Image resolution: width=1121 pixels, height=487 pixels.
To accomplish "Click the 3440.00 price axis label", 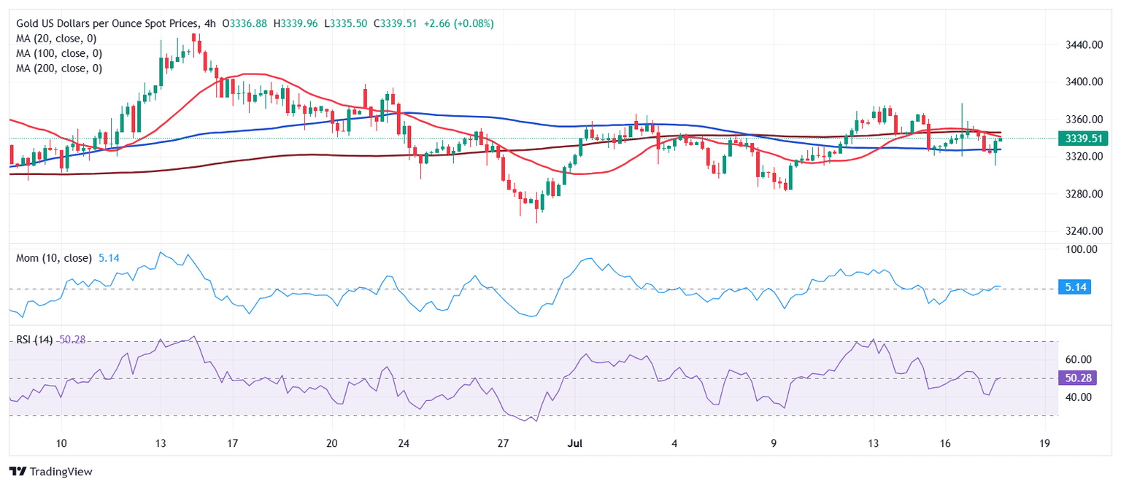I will pos(1082,44).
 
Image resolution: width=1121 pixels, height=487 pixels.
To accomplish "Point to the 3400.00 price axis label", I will pos(1082,82).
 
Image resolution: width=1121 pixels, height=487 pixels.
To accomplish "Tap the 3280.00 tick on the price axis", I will pos(1082,194).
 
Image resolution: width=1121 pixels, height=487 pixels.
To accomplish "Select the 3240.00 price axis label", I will pos(1082,231).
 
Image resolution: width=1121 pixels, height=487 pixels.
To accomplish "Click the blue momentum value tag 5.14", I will pos(1076,287).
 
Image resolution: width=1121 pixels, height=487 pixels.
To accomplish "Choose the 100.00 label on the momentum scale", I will pos(1079,249).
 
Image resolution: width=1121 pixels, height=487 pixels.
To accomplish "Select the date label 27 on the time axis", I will pos(503,443).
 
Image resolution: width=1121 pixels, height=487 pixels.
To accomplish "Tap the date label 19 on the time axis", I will pos(1044,443).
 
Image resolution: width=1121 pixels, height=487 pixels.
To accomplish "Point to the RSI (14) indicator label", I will pos(33,340).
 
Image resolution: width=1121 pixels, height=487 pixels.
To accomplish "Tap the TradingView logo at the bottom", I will pos(50,472).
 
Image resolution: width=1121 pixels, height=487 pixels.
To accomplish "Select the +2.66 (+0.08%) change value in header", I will pos(452,23).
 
